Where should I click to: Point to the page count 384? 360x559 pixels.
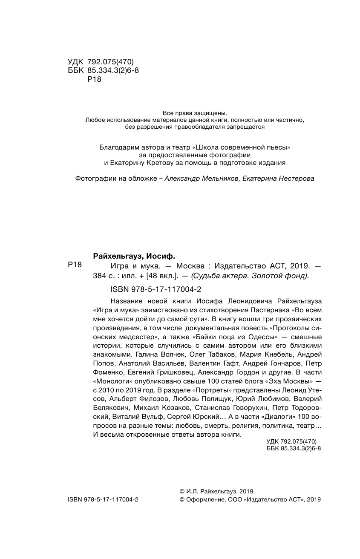[99, 276]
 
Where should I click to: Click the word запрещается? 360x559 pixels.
[242, 127]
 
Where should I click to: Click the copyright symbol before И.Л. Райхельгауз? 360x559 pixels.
[182, 491]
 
